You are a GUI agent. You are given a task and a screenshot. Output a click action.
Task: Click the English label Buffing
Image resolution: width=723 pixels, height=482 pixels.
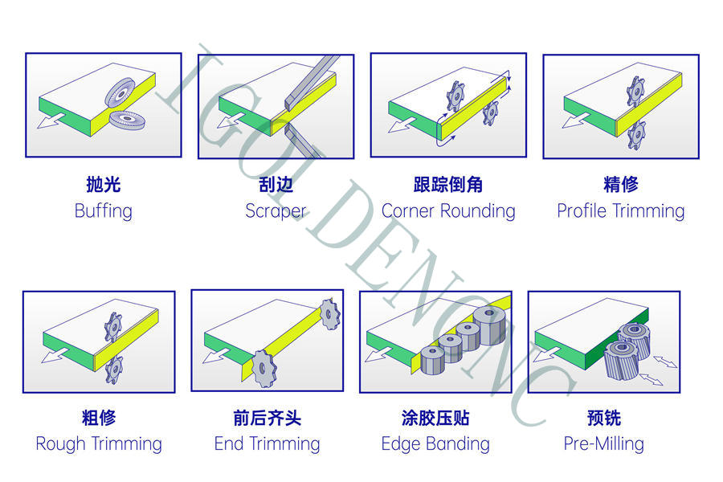tap(103, 211)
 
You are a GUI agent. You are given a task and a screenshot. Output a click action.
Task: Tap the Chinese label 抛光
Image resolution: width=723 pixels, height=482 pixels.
tap(103, 185)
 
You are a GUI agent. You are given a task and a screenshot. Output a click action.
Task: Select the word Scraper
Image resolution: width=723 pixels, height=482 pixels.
tap(276, 211)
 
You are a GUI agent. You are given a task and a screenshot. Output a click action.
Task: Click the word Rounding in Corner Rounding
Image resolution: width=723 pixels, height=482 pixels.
tap(477, 211)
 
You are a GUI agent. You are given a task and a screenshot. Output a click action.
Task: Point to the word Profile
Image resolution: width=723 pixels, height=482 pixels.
tap(582, 211)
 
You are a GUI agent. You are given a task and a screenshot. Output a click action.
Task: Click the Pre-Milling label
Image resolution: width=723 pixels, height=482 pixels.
tap(603, 443)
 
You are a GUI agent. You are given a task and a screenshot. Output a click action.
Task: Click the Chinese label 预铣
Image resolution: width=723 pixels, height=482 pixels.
tap(603, 418)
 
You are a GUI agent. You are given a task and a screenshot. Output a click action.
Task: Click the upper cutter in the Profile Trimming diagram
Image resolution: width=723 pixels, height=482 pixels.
tap(635, 90)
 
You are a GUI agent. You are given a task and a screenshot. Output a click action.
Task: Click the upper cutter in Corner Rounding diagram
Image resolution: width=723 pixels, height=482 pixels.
tap(456, 96)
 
